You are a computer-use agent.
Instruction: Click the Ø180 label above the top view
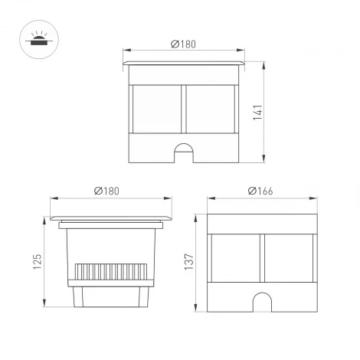pyautogui.click(x=184, y=44)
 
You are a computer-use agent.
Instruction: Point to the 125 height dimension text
pyautogui.click(x=36, y=263)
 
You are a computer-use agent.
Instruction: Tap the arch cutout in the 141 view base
pyautogui.click(x=184, y=152)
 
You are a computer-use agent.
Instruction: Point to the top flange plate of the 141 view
pyautogui.click(x=184, y=61)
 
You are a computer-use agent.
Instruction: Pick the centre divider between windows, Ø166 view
pyautogui.click(x=261, y=260)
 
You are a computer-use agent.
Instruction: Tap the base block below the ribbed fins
pyautogui.click(x=111, y=297)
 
